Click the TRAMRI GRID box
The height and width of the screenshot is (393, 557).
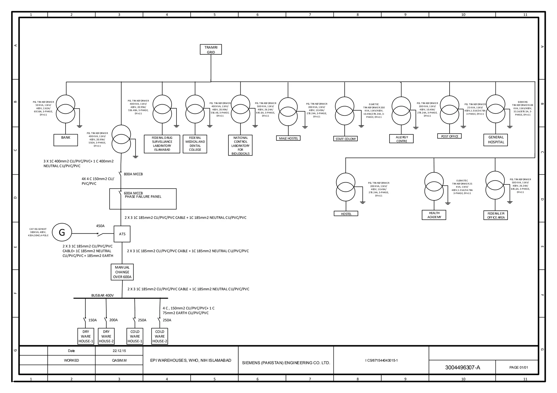[x=211, y=49]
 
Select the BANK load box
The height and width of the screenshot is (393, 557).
[x=66, y=140]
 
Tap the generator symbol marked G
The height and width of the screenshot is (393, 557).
[x=62, y=232]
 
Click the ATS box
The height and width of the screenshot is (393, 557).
[x=122, y=234]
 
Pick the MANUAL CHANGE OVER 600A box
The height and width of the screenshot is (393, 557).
[x=122, y=272]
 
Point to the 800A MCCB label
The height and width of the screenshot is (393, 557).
[x=133, y=174]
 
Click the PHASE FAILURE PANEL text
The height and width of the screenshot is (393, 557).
[x=143, y=197]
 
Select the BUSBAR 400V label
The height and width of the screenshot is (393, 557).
[x=102, y=295]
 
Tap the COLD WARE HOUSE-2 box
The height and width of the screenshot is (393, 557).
[x=160, y=336]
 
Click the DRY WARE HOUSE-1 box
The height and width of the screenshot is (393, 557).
[x=86, y=336]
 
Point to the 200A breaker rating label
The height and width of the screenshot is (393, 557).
[x=113, y=320]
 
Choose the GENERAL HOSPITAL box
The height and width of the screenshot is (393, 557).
[x=496, y=140]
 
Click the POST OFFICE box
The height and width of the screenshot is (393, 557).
[x=449, y=136]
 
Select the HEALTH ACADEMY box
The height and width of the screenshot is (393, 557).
[x=434, y=215]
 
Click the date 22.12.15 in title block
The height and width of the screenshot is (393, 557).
[x=119, y=351]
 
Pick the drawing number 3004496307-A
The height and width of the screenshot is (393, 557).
[x=462, y=367]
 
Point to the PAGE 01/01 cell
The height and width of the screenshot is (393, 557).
[x=518, y=367]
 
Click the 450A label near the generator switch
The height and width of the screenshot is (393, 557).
[x=100, y=226]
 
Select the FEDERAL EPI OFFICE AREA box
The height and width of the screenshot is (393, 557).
[x=496, y=215]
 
